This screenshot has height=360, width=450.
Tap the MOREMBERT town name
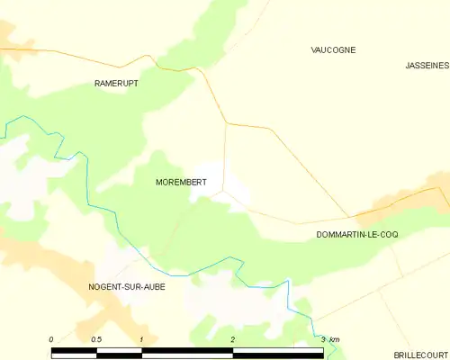coord(181,182)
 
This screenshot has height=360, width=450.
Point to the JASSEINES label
coord(427,66)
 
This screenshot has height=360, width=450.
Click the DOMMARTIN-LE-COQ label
coord(357,234)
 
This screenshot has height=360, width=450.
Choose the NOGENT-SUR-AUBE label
coord(127,286)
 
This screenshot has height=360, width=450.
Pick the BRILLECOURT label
coord(421,355)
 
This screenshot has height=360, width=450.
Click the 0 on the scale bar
coord(51,338)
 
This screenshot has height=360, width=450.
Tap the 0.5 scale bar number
coord(96,338)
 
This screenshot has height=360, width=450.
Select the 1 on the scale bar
coord(142,338)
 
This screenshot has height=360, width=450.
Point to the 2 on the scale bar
coord(233,338)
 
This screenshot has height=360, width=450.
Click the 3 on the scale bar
coord(323,338)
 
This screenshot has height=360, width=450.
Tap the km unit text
coord(335,338)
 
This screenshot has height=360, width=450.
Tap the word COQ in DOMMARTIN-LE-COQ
coord(389,234)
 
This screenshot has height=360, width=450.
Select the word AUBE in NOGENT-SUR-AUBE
coord(154,286)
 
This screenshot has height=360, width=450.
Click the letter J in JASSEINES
coord(407,66)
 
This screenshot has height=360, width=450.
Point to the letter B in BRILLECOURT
coord(397,355)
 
